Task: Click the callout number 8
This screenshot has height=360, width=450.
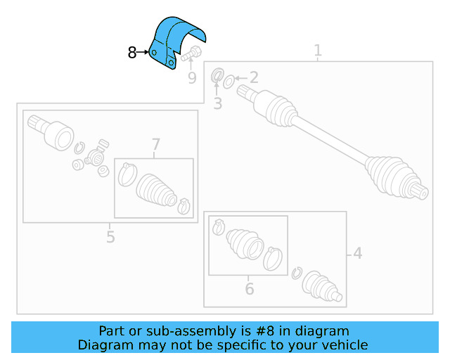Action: (132, 53)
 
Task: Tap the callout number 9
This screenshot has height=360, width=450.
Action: (192, 77)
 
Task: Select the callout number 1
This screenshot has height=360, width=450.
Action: (318, 51)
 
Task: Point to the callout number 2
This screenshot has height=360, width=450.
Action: (254, 78)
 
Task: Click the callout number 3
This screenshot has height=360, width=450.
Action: (217, 104)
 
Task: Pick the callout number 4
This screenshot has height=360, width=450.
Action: (357, 253)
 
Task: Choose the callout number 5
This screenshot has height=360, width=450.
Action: (110, 236)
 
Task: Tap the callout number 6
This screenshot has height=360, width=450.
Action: (249, 288)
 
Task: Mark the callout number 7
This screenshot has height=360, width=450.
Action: (155, 146)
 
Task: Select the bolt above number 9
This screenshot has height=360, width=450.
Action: (192, 53)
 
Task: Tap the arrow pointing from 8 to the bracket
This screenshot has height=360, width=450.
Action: (144, 52)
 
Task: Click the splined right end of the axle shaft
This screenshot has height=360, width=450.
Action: (420, 188)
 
